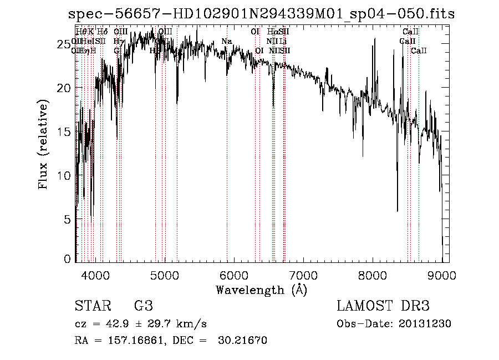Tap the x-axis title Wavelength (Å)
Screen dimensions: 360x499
pos(261,290)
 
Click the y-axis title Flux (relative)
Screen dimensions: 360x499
pos(43,144)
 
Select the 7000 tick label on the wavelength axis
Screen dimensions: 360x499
pos(303,275)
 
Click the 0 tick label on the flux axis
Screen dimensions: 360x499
pos(68,259)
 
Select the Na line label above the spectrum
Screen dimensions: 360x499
pos(226,42)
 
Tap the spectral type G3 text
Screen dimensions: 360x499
pos(143,306)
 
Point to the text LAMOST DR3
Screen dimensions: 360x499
pos(383,306)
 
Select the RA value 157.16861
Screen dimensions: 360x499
pos(132,341)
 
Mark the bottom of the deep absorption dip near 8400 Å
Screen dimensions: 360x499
pos(397,211)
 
